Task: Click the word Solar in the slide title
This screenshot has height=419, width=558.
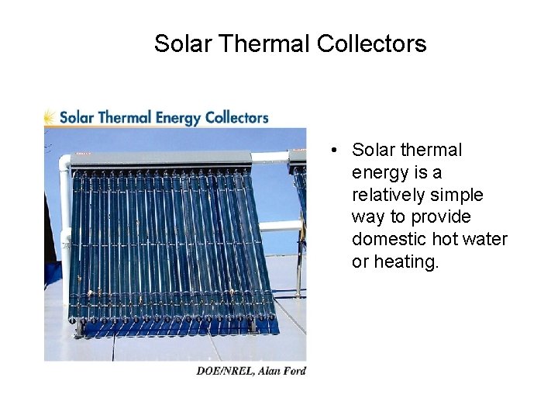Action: click(183, 43)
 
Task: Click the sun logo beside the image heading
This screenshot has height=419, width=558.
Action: click(50, 117)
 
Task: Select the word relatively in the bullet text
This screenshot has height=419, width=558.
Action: click(390, 195)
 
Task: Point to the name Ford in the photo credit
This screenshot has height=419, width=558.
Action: click(294, 371)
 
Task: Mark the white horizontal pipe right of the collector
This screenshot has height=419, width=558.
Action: click(281, 226)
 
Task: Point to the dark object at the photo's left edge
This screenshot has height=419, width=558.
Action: click(49, 241)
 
